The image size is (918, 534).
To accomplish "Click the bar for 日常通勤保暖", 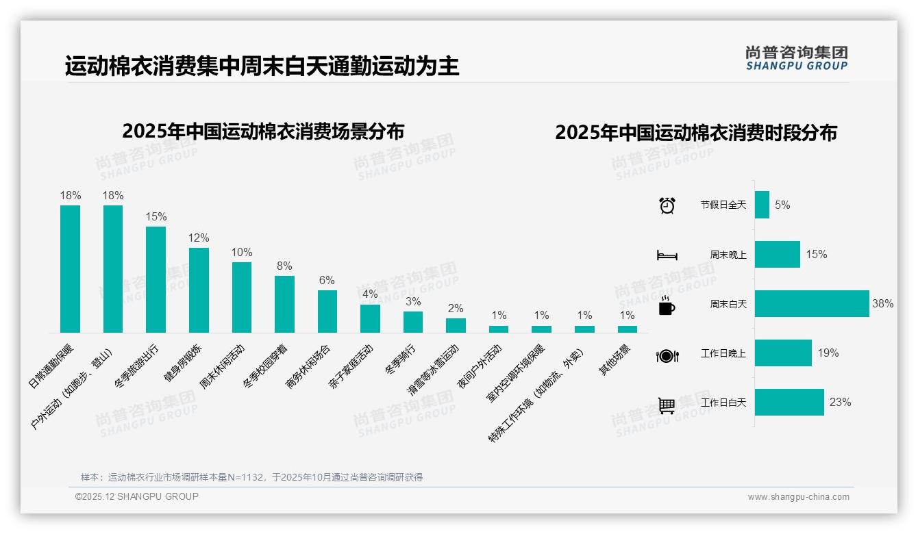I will pyautogui.click(x=70, y=269).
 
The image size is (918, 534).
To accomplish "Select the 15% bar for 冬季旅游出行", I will pyautogui.click(x=156, y=279).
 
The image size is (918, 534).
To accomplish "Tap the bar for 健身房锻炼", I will pyautogui.click(x=199, y=290).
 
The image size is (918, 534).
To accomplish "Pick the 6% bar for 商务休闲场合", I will pyautogui.click(x=327, y=311).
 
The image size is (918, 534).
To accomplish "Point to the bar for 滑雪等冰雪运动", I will pyautogui.click(x=456, y=325).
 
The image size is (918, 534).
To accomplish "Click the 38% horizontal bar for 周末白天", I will pyautogui.click(x=812, y=303).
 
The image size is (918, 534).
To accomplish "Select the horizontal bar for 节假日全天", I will pyautogui.click(x=762, y=205).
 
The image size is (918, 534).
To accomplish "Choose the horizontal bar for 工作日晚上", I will pyautogui.click(x=783, y=353).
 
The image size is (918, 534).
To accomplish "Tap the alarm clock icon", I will pyautogui.click(x=667, y=205).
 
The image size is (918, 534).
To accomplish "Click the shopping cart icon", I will pyautogui.click(x=667, y=405).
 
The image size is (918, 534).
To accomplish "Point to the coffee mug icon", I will pyautogui.click(x=667, y=306).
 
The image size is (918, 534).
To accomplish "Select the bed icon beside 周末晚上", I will pyautogui.click(x=667, y=255).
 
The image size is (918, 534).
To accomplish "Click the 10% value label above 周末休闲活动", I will pyautogui.click(x=242, y=252).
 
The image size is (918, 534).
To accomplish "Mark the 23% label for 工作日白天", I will pyautogui.click(x=840, y=403).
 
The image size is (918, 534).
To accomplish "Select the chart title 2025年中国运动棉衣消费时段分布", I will pyautogui.click(x=696, y=133).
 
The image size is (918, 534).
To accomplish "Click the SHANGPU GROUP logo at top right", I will pyautogui.click(x=796, y=58).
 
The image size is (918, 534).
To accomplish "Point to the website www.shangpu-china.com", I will pyautogui.click(x=798, y=497).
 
